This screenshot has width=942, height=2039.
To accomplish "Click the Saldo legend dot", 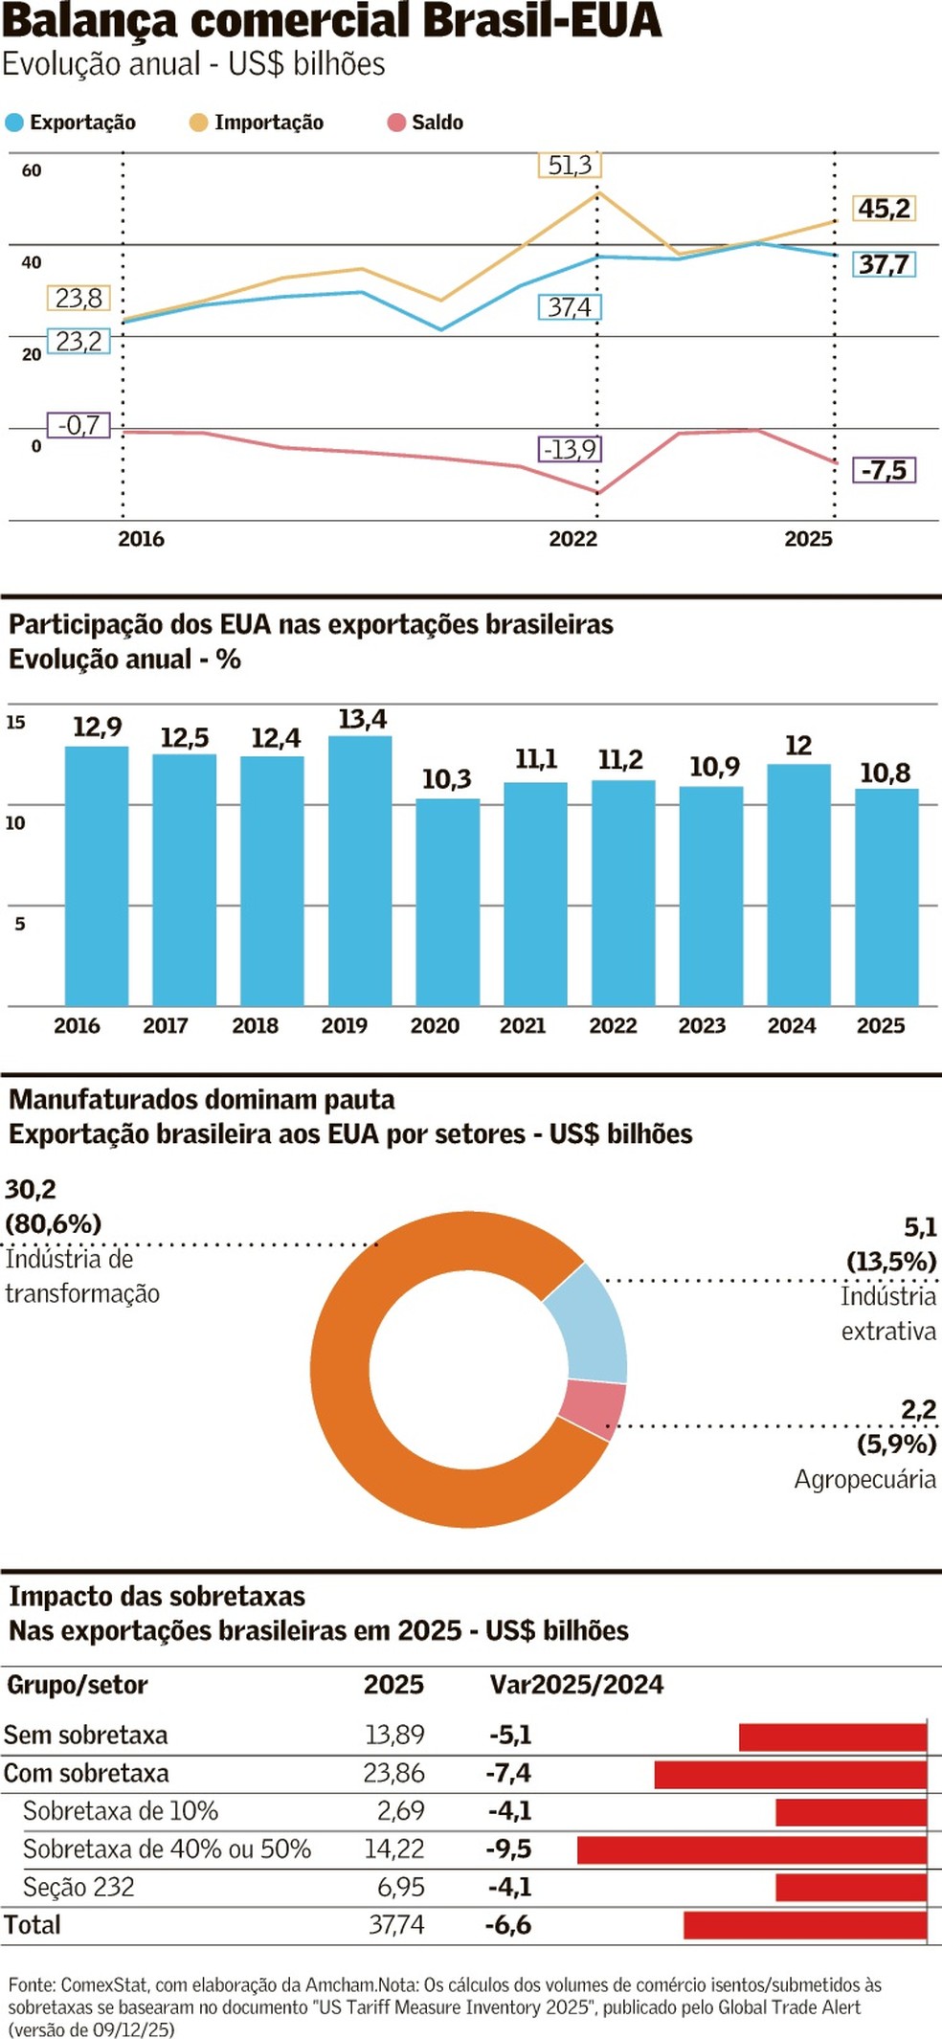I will click(x=396, y=123).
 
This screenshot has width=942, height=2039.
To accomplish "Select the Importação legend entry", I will click(x=257, y=123).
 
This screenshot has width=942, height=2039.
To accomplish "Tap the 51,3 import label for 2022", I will click(x=570, y=166).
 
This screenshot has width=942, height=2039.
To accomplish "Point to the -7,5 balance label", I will click(x=884, y=470).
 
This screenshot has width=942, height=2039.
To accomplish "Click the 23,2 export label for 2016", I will click(x=78, y=342).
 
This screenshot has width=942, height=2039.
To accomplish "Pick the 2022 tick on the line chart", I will click(x=572, y=539).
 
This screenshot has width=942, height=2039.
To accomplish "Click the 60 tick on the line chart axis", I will click(x=32, y=170).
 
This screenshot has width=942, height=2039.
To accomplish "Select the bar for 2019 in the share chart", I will click(x=360, y=871).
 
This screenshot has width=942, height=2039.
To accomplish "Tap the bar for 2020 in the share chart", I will click(x=447, y=902).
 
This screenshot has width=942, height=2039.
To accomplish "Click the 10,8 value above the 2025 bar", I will click(x=885, y=773).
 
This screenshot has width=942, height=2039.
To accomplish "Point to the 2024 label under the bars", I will click(x=792, y=1025).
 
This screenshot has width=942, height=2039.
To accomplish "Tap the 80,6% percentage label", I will click(x=54, y=1223).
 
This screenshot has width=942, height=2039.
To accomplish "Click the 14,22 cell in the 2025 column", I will click(x=393, y=1849).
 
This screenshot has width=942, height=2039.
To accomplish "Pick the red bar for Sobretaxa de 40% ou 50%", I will click(x=751, y=1849).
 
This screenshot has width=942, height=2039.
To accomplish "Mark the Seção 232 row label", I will click(x=78, y=1887).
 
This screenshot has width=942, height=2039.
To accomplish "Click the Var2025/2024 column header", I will click(x=576, y=1685).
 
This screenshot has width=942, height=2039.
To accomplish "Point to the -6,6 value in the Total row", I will click(x=508, y=1925).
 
